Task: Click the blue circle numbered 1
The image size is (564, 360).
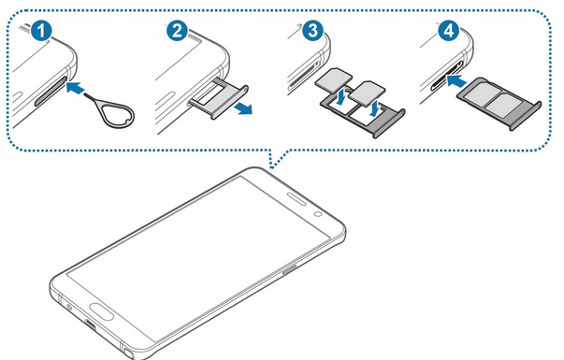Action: pos(41,31)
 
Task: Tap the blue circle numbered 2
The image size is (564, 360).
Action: pos(177,31)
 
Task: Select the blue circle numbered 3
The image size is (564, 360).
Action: pos(312,31)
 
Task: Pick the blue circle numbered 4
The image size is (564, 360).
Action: pos(448,31)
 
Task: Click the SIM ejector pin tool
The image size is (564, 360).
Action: pos(119,114)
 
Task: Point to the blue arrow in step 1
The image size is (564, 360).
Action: pos(76,87)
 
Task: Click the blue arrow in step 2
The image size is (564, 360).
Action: pos(242,108)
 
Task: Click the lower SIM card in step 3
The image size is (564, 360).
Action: pos(368,92)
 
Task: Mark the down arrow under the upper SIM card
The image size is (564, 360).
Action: pos(340,97)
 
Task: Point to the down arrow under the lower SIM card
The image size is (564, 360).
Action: pos(374,109)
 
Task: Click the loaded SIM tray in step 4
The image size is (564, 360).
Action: pos(499,103)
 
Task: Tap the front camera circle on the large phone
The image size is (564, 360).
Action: pos(318,214)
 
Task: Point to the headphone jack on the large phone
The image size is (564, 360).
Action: pos(68,307)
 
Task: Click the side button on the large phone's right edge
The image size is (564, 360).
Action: pos(290,269)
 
